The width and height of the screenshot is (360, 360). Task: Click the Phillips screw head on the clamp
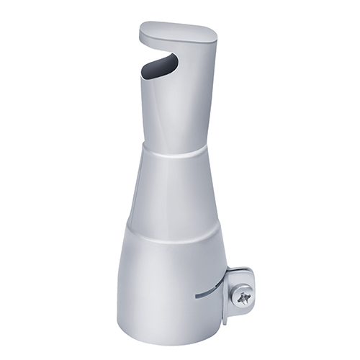click(243, 293)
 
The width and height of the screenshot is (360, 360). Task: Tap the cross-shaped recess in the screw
click(244, 293)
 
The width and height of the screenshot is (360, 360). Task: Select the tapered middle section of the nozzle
click(173, 191)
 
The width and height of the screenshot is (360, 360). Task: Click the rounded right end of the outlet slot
click(175, 60)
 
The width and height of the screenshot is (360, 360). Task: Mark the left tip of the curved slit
click(196, 296)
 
